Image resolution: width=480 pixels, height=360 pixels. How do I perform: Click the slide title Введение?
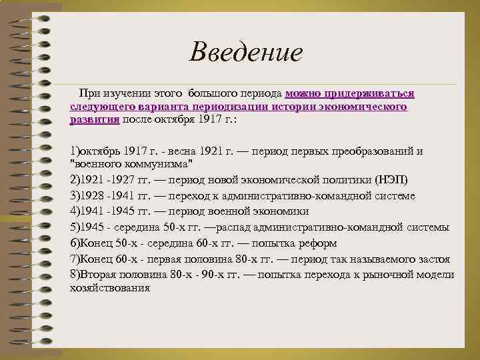(x=245, y=51)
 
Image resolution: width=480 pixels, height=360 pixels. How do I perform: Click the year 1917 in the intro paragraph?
(x=213, y=119)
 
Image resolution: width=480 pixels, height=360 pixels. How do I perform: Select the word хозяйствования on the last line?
(x=109, y=288)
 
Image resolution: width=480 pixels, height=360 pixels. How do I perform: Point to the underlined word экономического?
(x=367, y=107)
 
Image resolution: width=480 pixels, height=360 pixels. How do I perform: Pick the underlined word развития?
(x=94, y=119)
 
